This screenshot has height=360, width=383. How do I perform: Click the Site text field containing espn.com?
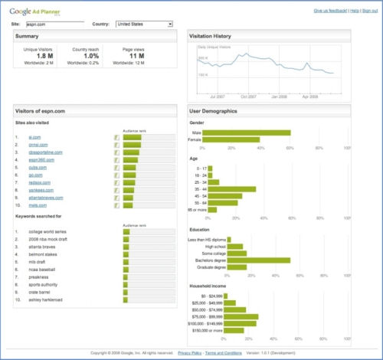(x=54, y=24)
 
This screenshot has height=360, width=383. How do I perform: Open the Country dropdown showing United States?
(x=144, y=24)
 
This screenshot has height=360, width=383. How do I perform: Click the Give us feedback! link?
(x=316, y=11)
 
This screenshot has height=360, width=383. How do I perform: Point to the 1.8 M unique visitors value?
(x=44, y=56)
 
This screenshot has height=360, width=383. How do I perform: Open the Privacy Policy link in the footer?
(x=190, y=353)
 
